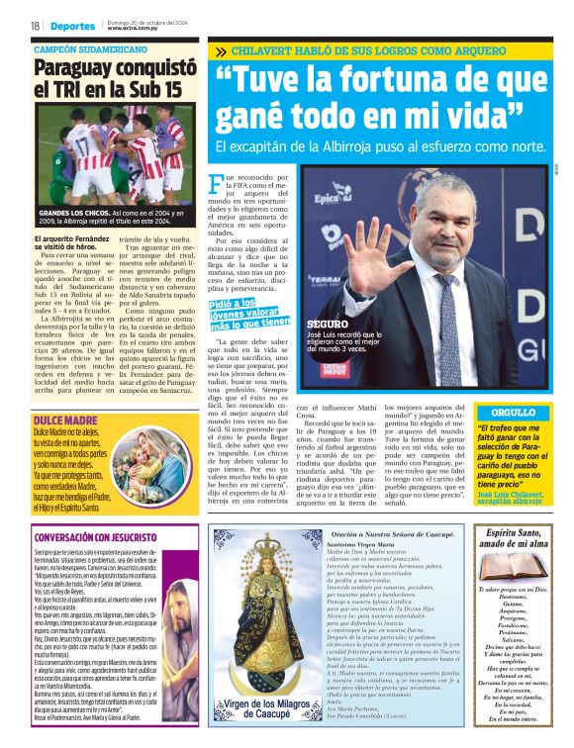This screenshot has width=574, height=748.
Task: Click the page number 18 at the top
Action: point(35,26)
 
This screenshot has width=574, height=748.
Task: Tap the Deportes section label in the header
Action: point(74,26)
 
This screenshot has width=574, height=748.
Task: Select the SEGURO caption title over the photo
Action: point(328,324)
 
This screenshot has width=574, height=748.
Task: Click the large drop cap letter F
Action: point(217,185)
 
